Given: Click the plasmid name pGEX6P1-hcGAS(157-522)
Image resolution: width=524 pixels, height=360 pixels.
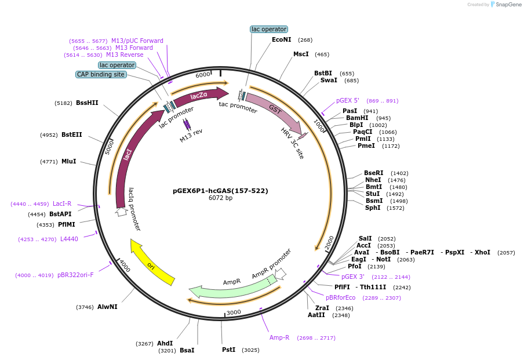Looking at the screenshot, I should coord(220,190).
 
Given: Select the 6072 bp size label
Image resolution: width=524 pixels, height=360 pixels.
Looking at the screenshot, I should coord(220,198).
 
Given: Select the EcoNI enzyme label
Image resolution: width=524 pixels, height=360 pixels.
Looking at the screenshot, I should coord(282,40).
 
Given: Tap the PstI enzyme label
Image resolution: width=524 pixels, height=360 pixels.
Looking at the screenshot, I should coord(228,350).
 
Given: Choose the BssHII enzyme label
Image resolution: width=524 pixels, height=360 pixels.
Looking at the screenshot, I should coord(87,103).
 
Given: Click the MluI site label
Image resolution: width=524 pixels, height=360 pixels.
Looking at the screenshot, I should coord(68,161).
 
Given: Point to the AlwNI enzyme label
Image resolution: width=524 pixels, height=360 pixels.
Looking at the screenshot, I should coord(107,307).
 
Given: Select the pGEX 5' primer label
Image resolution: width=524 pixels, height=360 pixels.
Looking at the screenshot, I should coord(348,100).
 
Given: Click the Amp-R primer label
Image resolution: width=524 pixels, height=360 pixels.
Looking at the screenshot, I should coord(279,337).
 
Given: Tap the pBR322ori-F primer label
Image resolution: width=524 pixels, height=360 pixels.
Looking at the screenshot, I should coord(75,275).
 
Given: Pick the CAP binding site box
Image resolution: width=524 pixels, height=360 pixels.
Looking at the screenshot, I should coord(101,74).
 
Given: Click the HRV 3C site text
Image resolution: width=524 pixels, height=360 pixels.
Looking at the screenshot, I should coord(292,143).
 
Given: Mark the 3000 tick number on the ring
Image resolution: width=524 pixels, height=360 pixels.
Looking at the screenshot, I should coord(234,312).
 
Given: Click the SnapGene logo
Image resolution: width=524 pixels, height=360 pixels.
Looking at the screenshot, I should coord(503,5).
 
